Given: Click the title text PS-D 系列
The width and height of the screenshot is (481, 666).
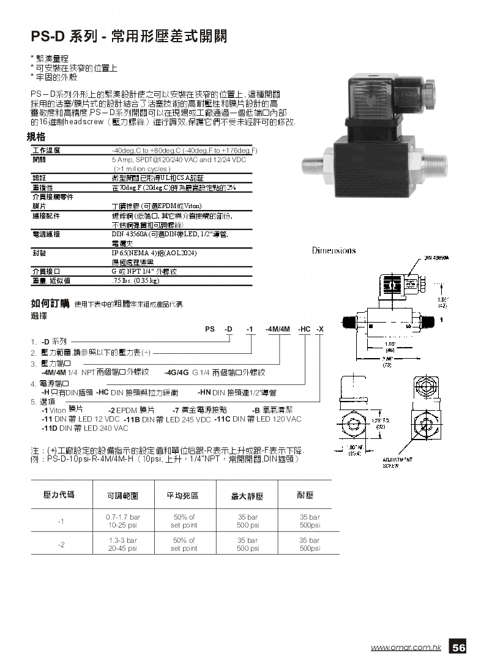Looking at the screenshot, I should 64,37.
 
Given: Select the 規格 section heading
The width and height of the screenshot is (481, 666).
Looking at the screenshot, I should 37,137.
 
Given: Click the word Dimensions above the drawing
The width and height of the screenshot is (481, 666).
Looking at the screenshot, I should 334,250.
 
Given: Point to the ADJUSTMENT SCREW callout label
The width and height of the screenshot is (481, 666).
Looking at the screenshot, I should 397,462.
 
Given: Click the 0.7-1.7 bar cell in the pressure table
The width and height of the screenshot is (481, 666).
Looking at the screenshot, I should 121,517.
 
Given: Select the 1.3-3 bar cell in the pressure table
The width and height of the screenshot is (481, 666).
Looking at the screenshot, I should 121,541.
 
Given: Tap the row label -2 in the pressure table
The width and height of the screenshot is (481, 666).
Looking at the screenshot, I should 61,545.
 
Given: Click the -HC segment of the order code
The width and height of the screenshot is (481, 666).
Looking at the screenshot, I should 304,329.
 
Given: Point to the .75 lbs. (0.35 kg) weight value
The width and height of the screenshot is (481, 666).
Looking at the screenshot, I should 136,280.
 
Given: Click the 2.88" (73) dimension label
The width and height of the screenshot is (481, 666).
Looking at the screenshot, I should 387,361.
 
